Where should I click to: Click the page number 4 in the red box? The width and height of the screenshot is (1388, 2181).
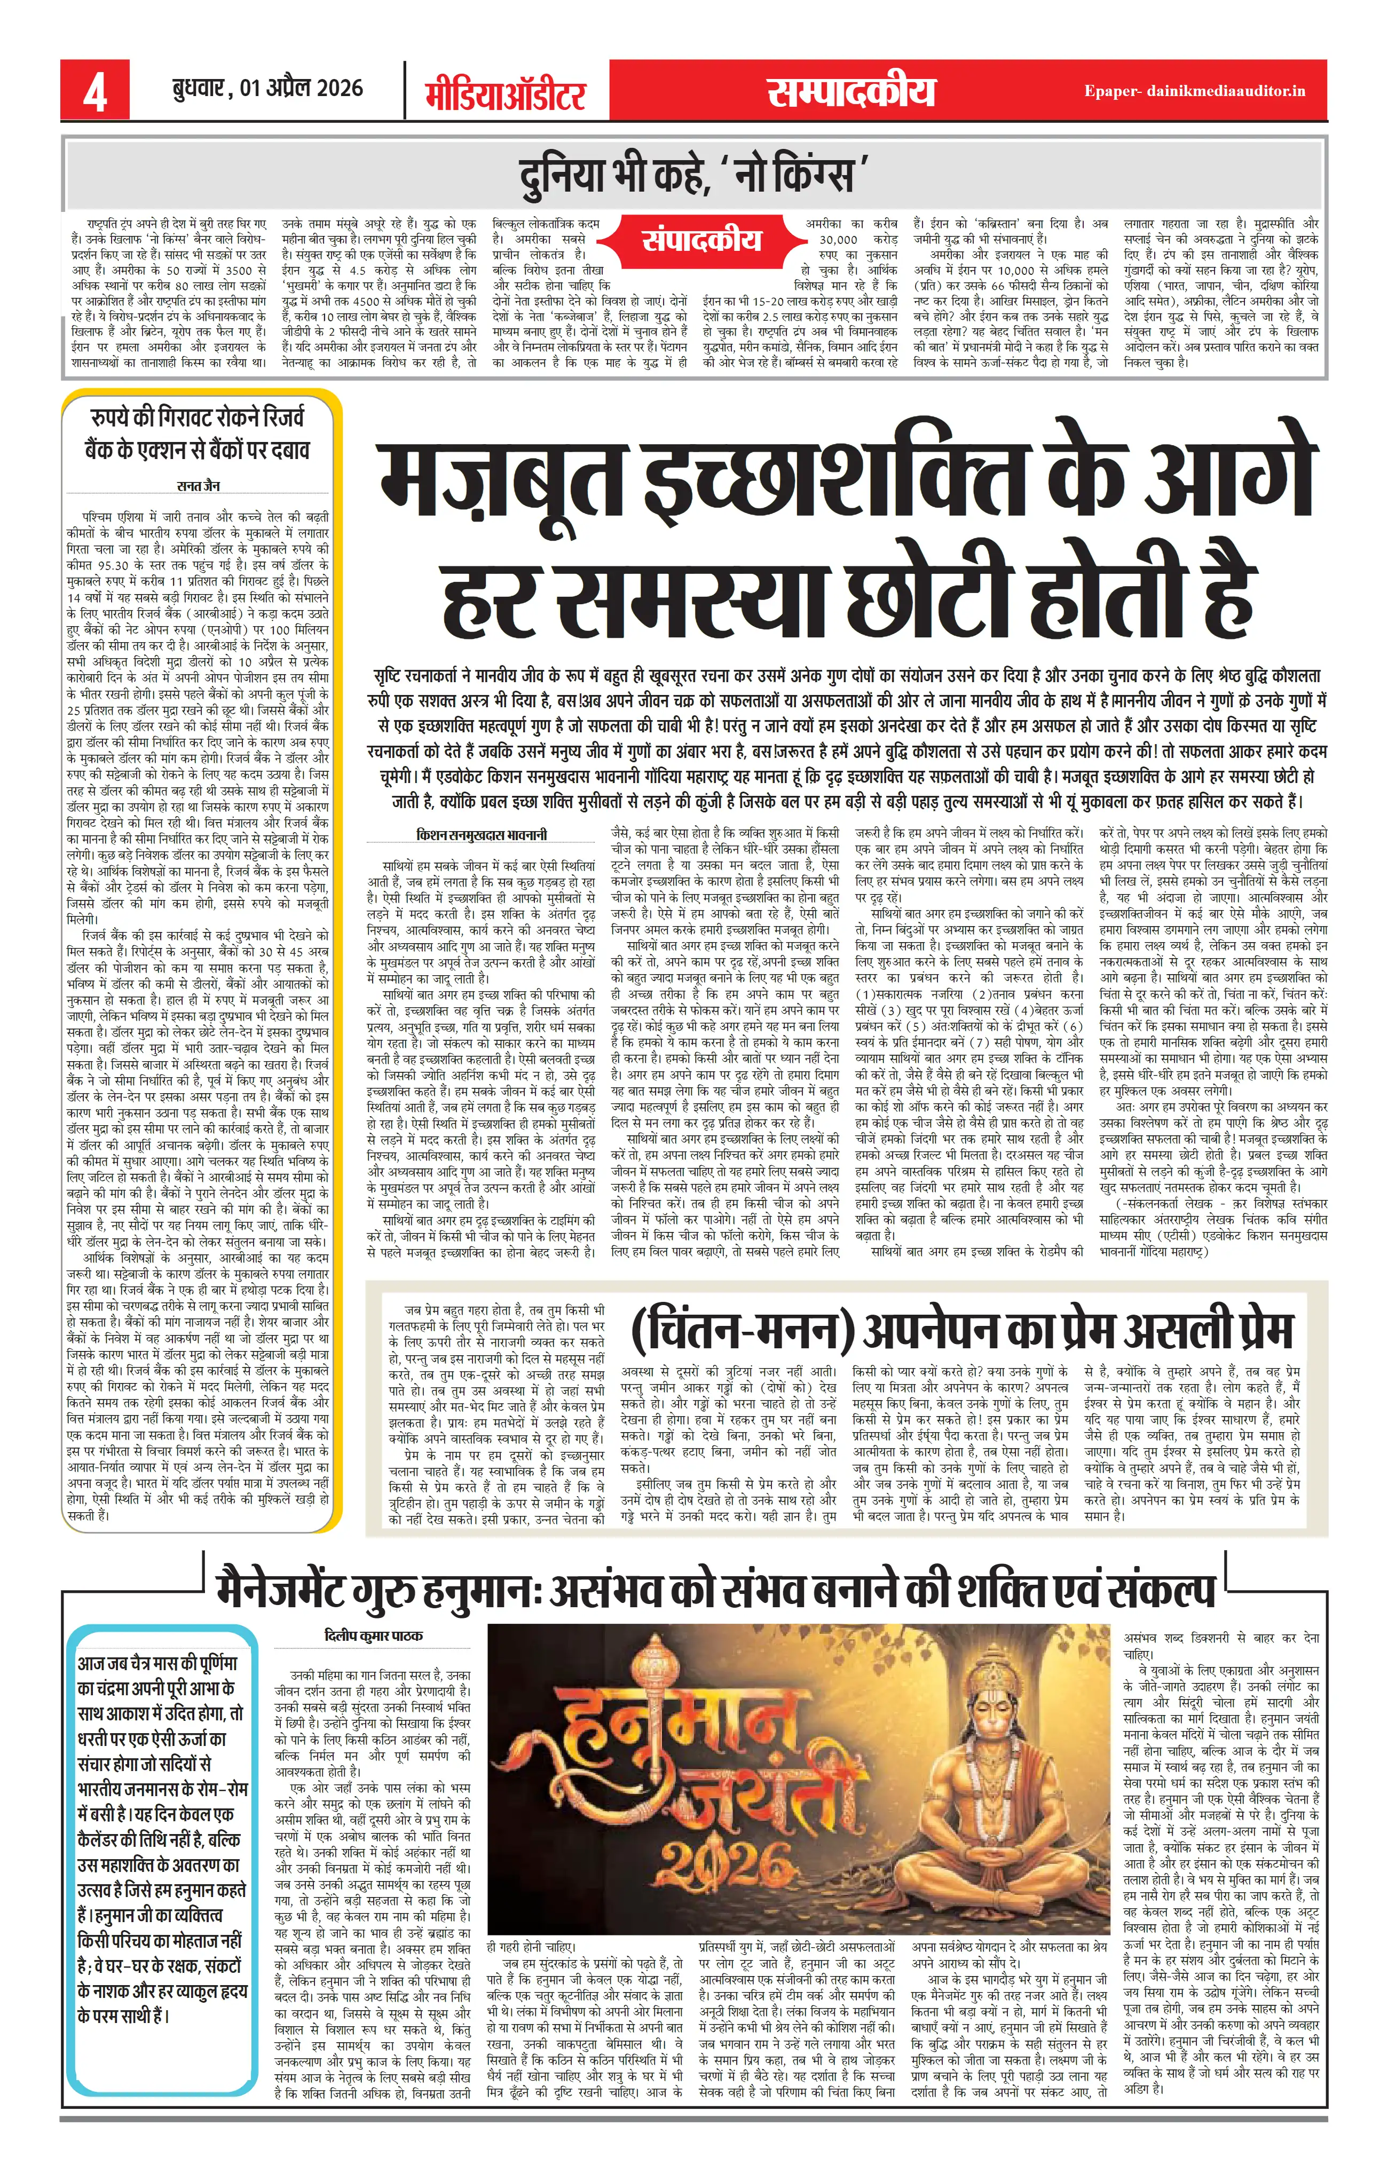pyautogui.click(x=95, y=91)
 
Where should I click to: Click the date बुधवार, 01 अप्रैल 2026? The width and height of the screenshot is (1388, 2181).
pyautogui.click(x=267, y=89)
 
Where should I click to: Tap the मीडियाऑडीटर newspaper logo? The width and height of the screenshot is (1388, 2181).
pyautogui.click(x=506, y=93)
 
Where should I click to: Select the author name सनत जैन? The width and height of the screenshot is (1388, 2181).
pyautogui.click(x=199, y=486)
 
